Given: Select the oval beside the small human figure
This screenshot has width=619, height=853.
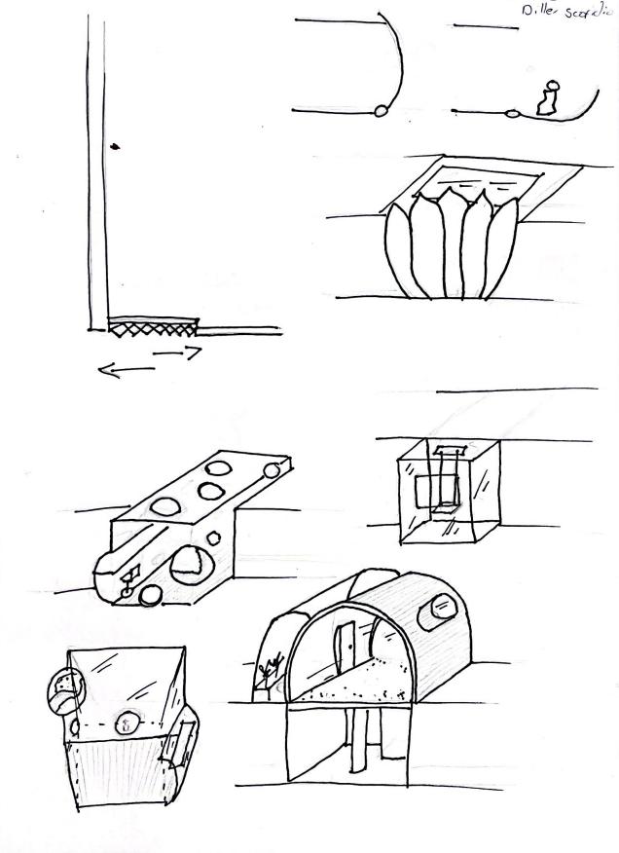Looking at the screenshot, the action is (x=513, y=114).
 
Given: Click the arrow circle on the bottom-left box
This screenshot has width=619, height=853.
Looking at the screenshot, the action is (x=125, y=722).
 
